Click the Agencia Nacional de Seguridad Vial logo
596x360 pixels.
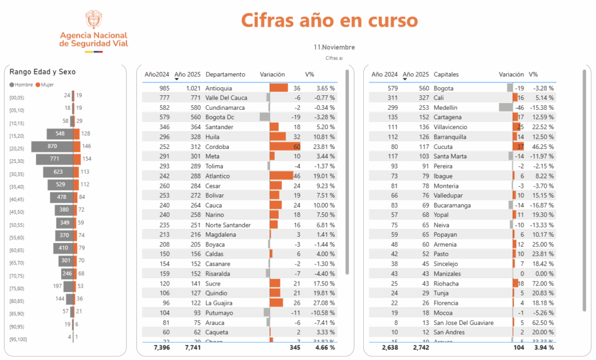(x=94, y=32)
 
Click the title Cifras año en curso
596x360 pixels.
(x=329, y=20)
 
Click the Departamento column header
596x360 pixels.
(x=225, y=74)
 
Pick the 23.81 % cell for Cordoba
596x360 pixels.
(x=324, y=147)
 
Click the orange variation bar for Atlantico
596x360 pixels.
(x=282, y=176)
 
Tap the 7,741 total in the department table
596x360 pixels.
(x=192, y=348)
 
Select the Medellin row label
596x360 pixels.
(x=446, y=108)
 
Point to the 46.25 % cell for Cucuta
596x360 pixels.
(x=541, y=147)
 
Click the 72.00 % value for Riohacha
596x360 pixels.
(x=541, y=283)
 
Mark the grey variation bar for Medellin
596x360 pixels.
(x=506, y=108)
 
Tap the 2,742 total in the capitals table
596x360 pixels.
(x=418, y=348)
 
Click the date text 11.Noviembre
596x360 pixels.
(x=334, y=47)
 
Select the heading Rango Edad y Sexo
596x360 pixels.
(x=42, y=72)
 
